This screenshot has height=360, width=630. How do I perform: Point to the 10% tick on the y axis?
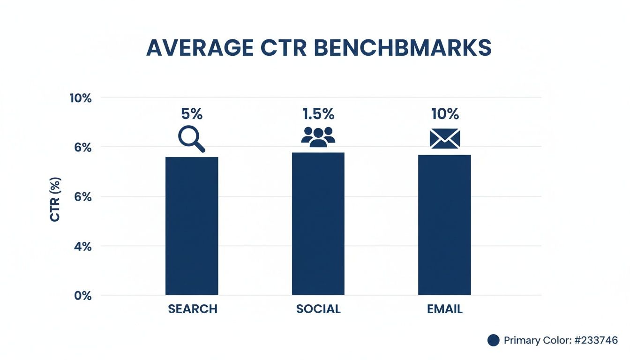[81, 98]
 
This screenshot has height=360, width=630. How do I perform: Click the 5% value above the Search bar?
[192, 114]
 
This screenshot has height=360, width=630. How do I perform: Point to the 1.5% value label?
[318, 114]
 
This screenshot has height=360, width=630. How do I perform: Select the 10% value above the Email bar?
[444, 114]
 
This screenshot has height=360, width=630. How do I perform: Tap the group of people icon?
[318, 137]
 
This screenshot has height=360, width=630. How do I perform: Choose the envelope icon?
[444, 139]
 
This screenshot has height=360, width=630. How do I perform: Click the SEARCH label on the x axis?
[193, 309]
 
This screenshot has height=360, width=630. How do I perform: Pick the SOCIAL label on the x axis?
[318, 309]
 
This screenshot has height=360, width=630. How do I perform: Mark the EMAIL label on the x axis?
[444, 309]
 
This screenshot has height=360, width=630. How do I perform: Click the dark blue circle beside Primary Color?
[493, 340]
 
